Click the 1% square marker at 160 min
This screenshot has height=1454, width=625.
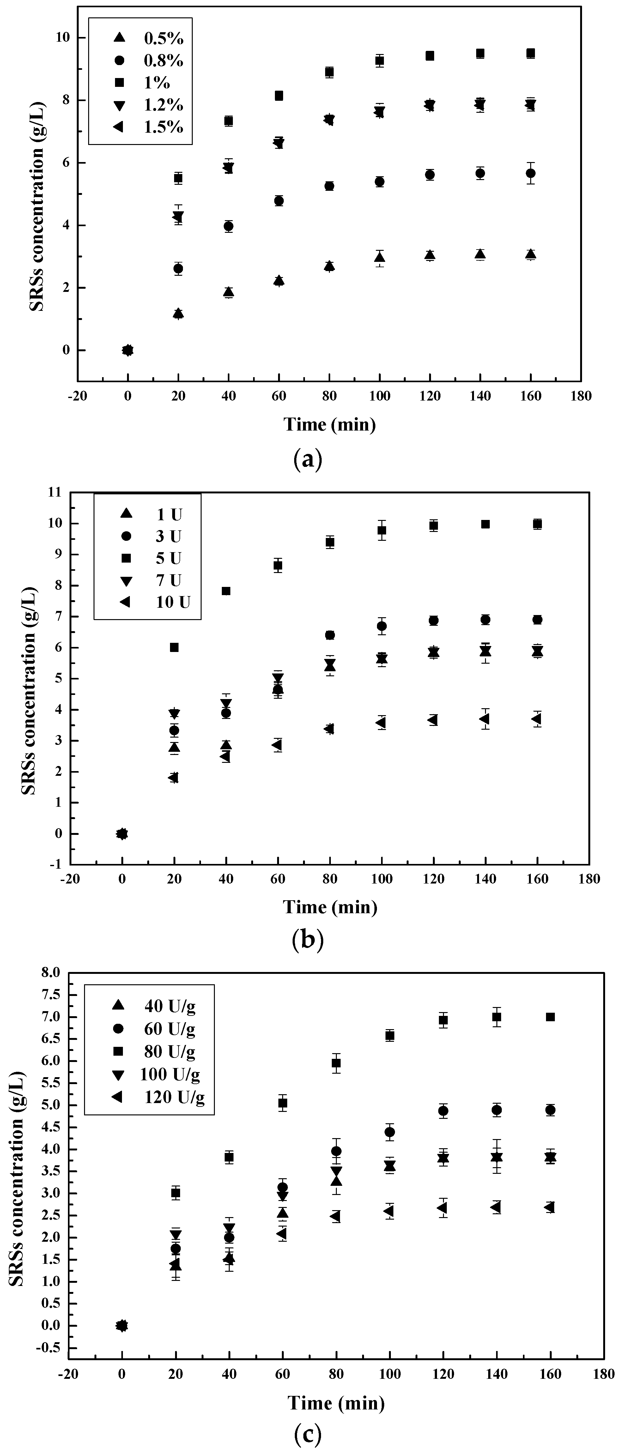(x=530, y=54)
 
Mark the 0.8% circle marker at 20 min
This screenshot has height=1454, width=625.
(x=179, y=269)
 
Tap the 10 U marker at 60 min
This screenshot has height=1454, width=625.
(x=277, y=745)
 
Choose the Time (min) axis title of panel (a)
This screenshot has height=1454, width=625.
(x=330, y=425)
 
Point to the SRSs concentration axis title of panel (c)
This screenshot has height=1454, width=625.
(x=17, y=1164)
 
